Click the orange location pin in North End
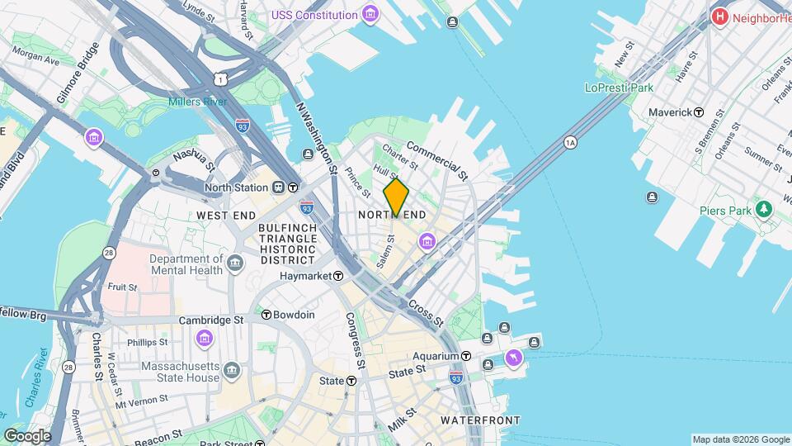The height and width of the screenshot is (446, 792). (x=396, y=197)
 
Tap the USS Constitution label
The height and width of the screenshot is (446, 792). (x=315, y=15)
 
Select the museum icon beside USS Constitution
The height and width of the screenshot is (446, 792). (x=370, y=15)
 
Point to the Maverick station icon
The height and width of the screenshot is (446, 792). (x=699, y=111)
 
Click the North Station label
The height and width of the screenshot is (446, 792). (x=239, y=187)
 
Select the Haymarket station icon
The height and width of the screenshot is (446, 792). (x=338, y=276)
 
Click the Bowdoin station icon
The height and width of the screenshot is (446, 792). (x=266, y=315)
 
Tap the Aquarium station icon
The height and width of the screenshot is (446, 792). (x=466, y=356)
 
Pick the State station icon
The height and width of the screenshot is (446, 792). (x=351, y=381)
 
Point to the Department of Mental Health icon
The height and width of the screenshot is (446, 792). (x=236, y=264)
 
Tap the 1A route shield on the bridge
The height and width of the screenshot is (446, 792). (x=570, y=143)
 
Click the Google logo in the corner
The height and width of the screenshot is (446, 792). (x=27, y=436)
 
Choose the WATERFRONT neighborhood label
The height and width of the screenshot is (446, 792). (x=480, y=420)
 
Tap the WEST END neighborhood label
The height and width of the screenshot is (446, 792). (x=223, y=215)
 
